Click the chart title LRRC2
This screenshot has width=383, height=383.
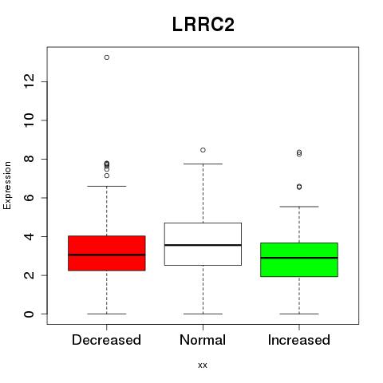pyautogui.click(x=203, y=25)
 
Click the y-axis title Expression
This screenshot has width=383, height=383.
pyautogui.click(x=7, y=185)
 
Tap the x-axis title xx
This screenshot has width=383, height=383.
pyautogui.click(x=203, y=365)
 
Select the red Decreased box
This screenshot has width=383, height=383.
pyautogui.click(x=107, y=253)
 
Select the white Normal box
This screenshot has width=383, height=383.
pyautogui.click(x=203, y=244)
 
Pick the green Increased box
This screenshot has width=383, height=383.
pyautogui.click(x=299, y=259)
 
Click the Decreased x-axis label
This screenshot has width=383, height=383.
pyautogui.click(x=106, y=340)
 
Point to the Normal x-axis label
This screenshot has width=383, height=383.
pyautogui.click(x=203, y=340)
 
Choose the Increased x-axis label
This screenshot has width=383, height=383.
pyautogui.click(x=299, y=340)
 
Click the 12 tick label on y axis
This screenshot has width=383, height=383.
pyautogui.click(x=30, y=81)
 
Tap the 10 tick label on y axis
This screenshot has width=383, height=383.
pyautogui.click(x=30, y=120)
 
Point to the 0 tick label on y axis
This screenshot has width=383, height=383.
pyautogui.click(x=30, y=314)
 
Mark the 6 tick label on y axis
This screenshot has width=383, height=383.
pyautogui.click(x=30, y=198)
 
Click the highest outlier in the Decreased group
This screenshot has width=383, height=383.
pyautogui.click(x=107, y=57)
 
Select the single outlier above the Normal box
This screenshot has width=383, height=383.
pyautogui.click(x=203, y=150)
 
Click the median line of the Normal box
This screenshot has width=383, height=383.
pyautogui.click(x=203, y=245)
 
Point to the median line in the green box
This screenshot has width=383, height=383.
pyautogui.click(x=299, y=258)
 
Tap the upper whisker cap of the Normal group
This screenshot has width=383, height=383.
pyautogui.click(x=203, y=164)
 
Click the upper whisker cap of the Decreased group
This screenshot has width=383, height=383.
pyautogui.click(x=107, y=186)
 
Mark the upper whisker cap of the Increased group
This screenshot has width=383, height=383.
pyautogui.click(x=299, y=207)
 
